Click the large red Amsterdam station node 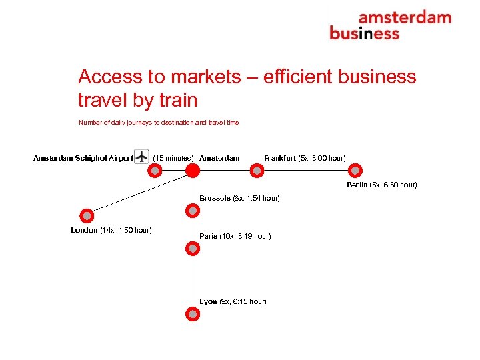click(x=193, y=171)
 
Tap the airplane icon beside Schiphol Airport click(x=141, y=155)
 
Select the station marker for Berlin click(x=355, y=171)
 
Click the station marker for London click(x=87, y=215)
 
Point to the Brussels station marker click(x=193, y=211)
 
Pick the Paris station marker click(x=193, y=249)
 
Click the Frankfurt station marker click(x=257, y=171)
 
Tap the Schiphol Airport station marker click(x=155, y=171)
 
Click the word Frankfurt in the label click(x=280, y=158)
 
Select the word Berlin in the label click(x=357, y=185)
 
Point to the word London click(x=84, y=230)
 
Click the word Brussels click(x=215, y=198)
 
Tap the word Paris click(x=208, y=236)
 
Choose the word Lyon click(x=208, y=301)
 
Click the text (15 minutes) click(x=173, y=158)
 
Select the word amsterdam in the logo click(x=404, y=18)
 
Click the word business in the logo click(x=364, y=33)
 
